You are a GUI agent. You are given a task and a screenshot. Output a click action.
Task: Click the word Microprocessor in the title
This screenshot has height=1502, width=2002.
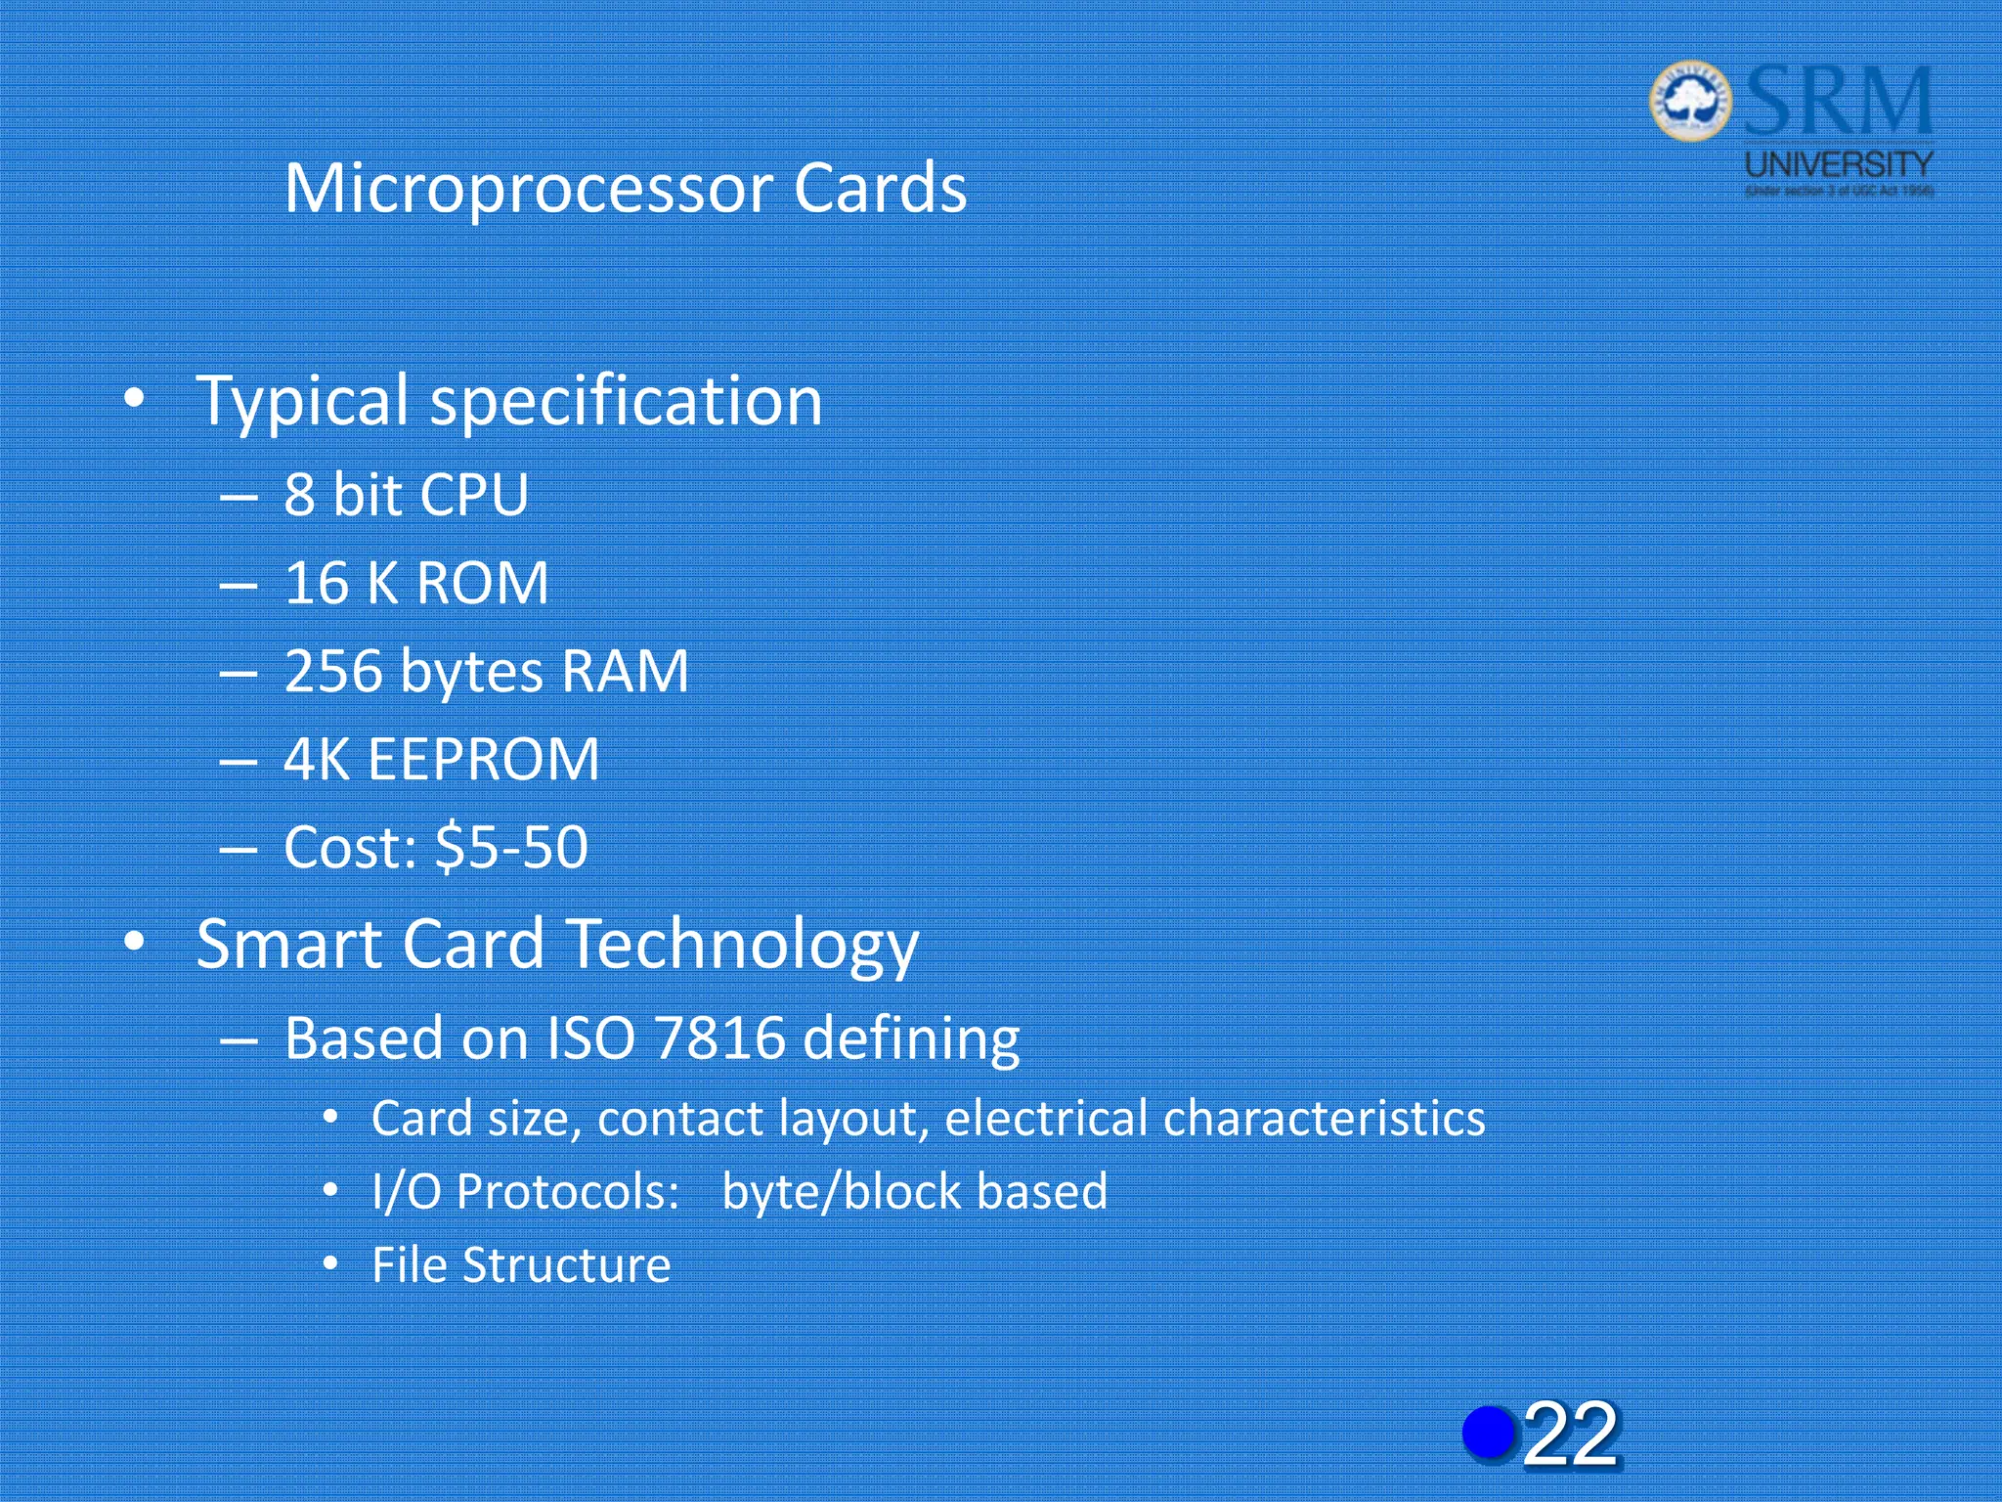[x=529, y=189]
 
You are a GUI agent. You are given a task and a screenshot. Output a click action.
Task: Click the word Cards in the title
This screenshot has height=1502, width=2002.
[x=879, y=189]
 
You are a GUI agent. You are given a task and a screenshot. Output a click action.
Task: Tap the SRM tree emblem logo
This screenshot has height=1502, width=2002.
[x=1689, y=100]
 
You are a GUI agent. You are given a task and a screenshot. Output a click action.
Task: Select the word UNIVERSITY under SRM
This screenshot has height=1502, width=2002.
[x=1839, y=164]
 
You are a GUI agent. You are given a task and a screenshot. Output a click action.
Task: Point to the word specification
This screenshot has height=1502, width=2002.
[x=627, y=402]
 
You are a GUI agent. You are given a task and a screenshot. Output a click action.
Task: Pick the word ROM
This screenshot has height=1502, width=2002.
[x=482, y=584]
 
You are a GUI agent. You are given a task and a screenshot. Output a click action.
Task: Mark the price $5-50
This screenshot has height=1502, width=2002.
[x=511, y=848]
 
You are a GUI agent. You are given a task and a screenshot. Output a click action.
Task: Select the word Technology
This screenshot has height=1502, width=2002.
[x=743, y=945]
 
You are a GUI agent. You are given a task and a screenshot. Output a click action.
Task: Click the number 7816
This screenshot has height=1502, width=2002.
[x=720, y=1038]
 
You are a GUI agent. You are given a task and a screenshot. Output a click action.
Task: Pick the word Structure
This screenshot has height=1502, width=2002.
[x=567, y=1265]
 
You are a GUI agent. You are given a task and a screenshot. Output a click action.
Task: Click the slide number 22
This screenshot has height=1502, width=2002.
[x=1570, y=1434]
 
